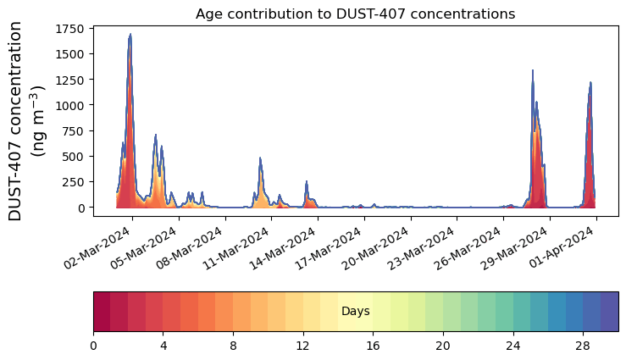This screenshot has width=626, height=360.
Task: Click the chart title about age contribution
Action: (355, 14)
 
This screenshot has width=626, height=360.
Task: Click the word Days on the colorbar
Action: (355, 312)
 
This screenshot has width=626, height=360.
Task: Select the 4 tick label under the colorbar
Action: (163, 346)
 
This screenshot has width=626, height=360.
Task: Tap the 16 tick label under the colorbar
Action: (373, 346)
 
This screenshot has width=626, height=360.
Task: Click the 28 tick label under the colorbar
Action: (583, 346)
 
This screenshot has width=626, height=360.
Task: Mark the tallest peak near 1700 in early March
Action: (130, 34)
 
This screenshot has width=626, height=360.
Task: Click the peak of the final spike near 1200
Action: (590, 83)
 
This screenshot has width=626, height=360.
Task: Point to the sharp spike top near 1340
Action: (532, 71)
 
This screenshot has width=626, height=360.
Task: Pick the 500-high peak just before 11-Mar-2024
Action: (260, 158)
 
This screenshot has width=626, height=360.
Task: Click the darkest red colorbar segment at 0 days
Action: (102, 312)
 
